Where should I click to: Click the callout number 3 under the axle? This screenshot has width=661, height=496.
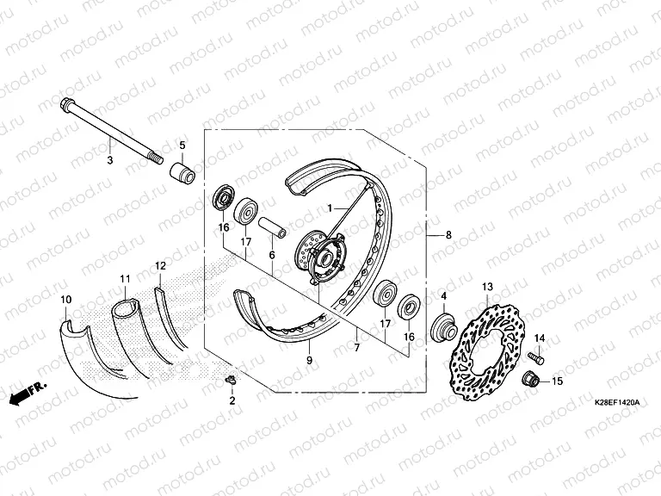click(x=110, y=160)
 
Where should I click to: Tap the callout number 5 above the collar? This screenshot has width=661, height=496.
click(x=182, y=146)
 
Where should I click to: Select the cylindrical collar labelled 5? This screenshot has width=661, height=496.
click(x=182, y=172)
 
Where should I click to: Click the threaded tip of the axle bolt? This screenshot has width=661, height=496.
click(x=158, y=159)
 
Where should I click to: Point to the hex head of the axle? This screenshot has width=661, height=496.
click(x=67, y=103)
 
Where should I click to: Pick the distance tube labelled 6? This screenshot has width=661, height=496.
click(x=272, y=228)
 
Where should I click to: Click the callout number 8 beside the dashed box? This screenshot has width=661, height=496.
click(x=448, y=234)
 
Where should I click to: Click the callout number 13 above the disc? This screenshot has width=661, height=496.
click(x=487, y=288)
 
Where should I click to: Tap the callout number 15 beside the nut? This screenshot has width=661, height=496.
click(x=557, y=381)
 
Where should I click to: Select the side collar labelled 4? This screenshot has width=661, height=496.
click(x=443, y=328)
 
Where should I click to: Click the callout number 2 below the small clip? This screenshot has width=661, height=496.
click(x=232, y=400)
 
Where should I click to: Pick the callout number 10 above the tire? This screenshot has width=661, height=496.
click(x=66, y=300)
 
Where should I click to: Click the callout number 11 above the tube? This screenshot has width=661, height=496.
click(x=125, y=279)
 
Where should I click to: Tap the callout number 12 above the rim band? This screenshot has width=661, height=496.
click(x=161, y=266)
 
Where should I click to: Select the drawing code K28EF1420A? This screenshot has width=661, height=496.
click(x=617, y=403)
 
